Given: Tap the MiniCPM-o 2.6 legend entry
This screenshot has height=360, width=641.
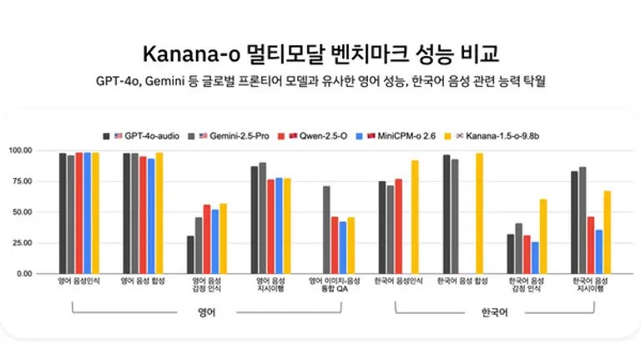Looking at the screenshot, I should coord(403,134).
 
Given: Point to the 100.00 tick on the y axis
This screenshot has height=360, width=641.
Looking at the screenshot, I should coord(43,151).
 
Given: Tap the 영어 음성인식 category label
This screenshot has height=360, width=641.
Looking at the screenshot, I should coord(79,282).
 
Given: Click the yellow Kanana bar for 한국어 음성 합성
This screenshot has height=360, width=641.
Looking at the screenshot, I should coord(479,213).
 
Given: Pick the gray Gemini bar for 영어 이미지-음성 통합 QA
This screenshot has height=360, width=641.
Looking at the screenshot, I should coord(326,230).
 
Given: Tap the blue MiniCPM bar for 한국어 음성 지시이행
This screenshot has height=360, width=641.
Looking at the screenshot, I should coord(598,251).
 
